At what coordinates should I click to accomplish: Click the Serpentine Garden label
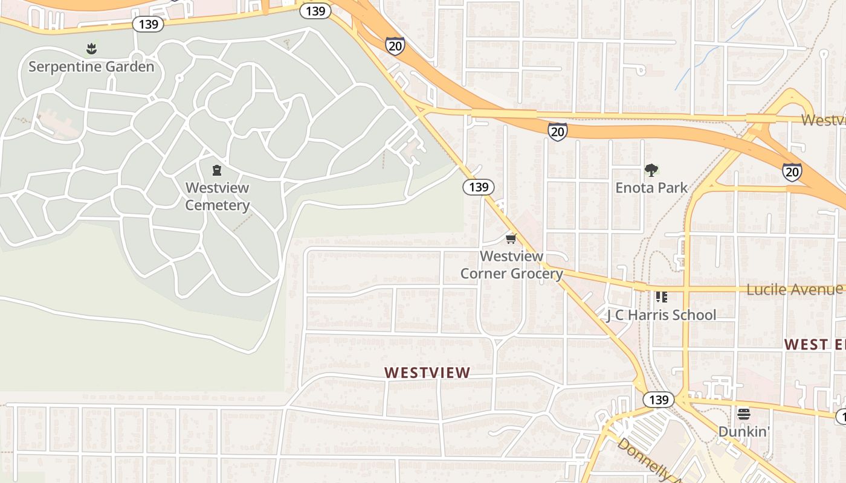91,66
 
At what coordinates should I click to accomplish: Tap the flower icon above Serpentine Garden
91,48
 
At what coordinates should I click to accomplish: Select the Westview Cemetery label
217,196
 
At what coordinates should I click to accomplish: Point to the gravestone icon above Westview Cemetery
217,171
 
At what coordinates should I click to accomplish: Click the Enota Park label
651,188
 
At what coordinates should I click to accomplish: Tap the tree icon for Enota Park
651,170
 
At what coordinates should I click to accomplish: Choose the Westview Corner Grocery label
511,265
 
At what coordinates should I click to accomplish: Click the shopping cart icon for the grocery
511,239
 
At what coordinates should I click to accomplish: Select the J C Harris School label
660,315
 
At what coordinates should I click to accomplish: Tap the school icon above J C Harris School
661,296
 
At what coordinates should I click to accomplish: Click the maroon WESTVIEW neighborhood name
427,373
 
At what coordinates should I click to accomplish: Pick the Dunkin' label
743,432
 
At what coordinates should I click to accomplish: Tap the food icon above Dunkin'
743,414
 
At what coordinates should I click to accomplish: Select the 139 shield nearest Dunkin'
658,400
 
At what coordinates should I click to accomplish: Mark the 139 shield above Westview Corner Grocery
479,187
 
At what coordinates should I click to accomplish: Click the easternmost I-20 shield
792,172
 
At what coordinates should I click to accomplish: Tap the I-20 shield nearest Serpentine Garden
395,46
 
